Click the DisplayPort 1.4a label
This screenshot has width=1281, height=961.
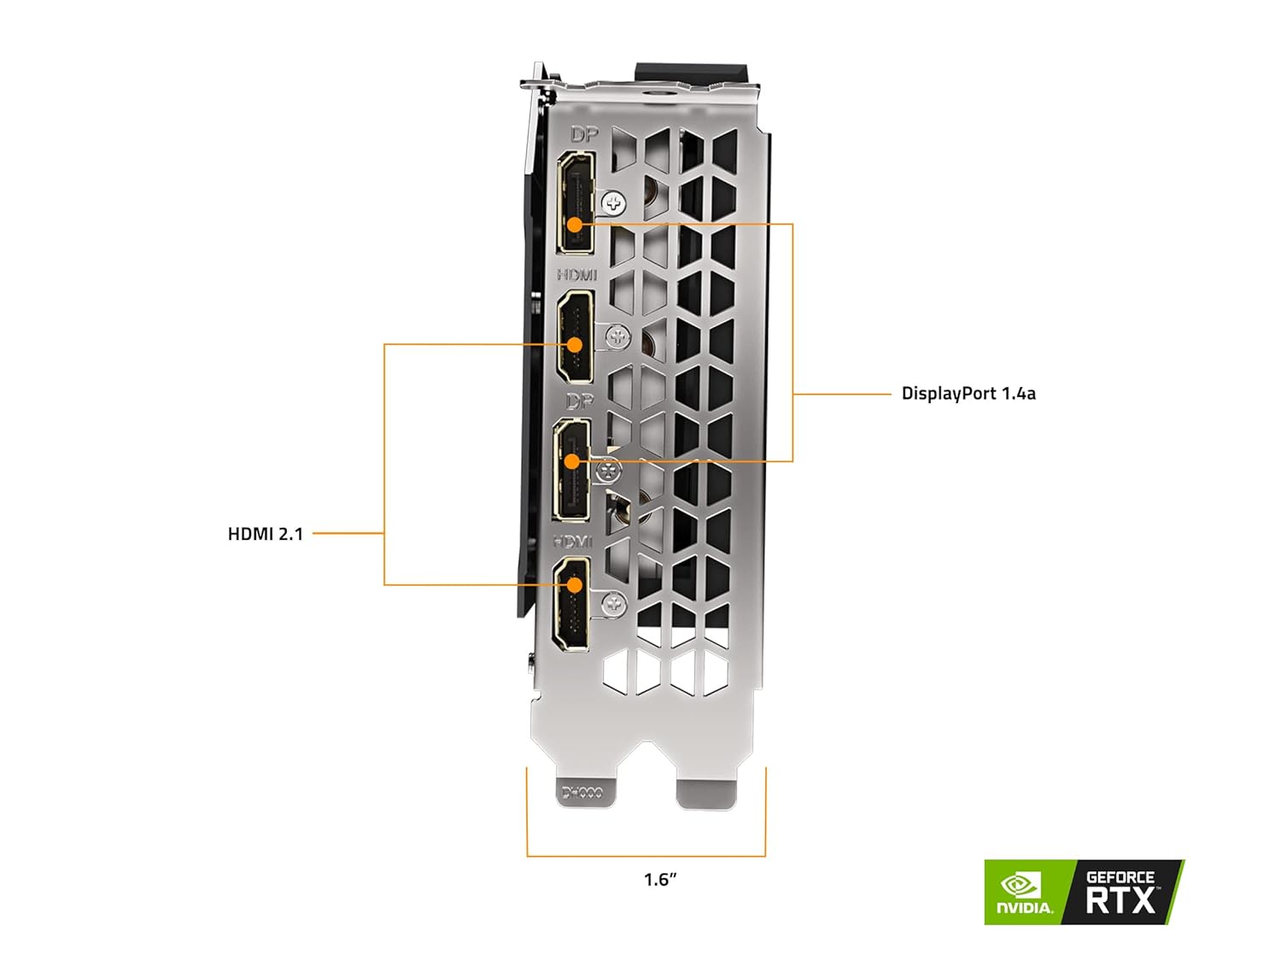pyautogui.click(x=968, y=394)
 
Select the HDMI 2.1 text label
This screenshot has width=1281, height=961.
pyautogui.click(x=265, y=534)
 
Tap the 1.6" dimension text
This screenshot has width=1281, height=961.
pyautogui.click(x=660, y=879)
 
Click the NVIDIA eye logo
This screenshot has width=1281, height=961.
pyautogui.click(x=1020, y=885)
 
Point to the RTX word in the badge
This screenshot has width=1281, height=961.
pyautogui.click(x=1120, y=900)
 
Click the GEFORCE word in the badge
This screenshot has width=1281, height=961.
pyautogui.click(x=1120, y=877)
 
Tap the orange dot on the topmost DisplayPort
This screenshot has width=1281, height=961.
pyautogui.click(x=575, y=225)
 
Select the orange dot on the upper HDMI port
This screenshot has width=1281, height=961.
pyautogui.click(x=575, y=344)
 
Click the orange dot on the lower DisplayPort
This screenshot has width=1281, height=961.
pyautogui.click(x=572, y=461)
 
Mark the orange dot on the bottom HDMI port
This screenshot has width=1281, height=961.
pyautogui.click(x=575, y=585)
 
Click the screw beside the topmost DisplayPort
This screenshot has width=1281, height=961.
pyautogui.click(x=613, y=203)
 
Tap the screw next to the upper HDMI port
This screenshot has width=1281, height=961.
pyautogui.click(x=617, y=337)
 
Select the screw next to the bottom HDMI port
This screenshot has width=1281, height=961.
pyautogui.click(x=613, y=605)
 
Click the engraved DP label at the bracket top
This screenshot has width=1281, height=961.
pyautogui.click(x=584, y=135)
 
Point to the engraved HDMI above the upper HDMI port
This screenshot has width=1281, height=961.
pyautogui.click(x=576, y=275)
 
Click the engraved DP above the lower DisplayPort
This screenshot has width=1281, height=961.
pyautogui.click(x=579, y=401)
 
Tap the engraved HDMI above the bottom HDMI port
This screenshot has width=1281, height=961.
pyautogui.click(x=572, y=542)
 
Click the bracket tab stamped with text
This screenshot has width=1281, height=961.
pyautogui.click(x=582, y=792)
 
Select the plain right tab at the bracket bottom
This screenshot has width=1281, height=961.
pyautogui.click(x=706, y=792)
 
